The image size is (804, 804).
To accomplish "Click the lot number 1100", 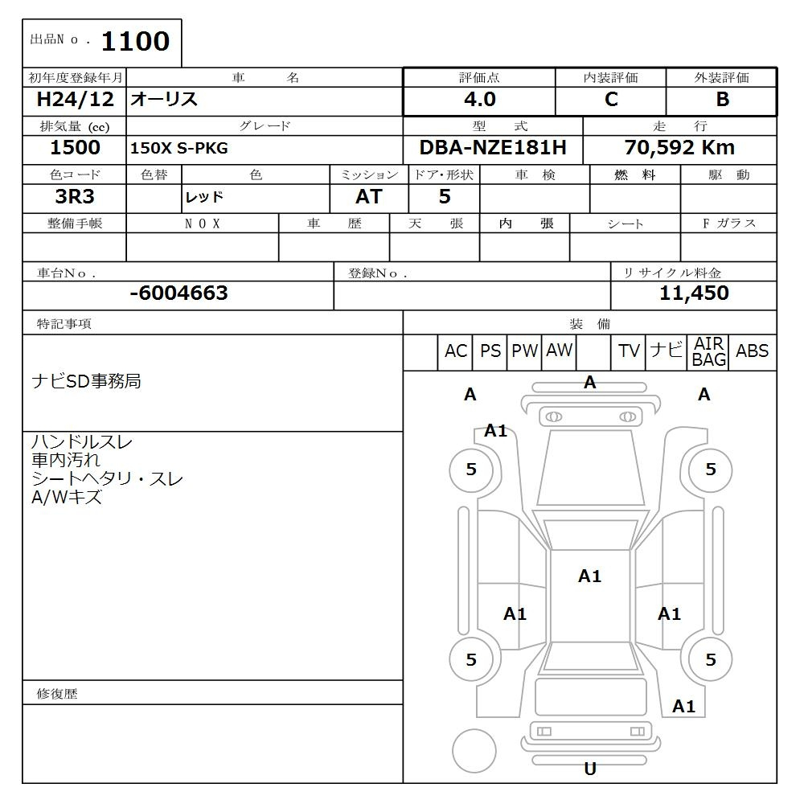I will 134,42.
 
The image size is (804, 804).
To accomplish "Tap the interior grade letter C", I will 611,100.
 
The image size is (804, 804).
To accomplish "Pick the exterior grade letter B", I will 722,100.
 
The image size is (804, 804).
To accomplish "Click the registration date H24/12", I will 75,100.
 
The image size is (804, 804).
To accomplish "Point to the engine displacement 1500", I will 75,148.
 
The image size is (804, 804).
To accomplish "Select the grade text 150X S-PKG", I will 179,149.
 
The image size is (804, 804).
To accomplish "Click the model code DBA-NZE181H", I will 492,148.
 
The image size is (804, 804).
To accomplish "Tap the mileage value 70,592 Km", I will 679,148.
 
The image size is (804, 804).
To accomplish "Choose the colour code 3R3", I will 75,197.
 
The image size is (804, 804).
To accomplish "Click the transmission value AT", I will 369,197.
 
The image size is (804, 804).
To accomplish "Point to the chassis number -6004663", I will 178,293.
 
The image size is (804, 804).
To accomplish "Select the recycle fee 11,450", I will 694,293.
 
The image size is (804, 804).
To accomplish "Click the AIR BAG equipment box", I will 709,352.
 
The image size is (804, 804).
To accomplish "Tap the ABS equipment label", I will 752,351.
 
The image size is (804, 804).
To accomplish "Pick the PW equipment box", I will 524,351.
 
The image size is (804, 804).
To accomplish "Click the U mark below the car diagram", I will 590,769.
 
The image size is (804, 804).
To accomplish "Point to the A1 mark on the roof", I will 589,576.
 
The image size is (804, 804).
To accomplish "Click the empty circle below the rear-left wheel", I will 474,751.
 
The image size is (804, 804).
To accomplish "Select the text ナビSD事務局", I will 86,381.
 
